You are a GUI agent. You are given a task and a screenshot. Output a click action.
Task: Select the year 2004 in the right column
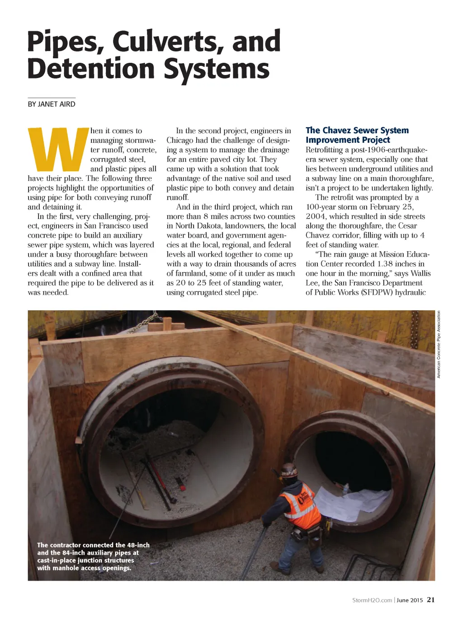click(316, 216)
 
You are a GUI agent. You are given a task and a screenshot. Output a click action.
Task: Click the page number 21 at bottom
click(430, 600)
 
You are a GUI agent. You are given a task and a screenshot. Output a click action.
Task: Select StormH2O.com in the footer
click(372, 600)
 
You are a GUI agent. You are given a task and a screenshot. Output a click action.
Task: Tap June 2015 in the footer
click(410, 600)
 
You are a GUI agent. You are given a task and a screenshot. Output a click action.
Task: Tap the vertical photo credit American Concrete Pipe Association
click(438, 344)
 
